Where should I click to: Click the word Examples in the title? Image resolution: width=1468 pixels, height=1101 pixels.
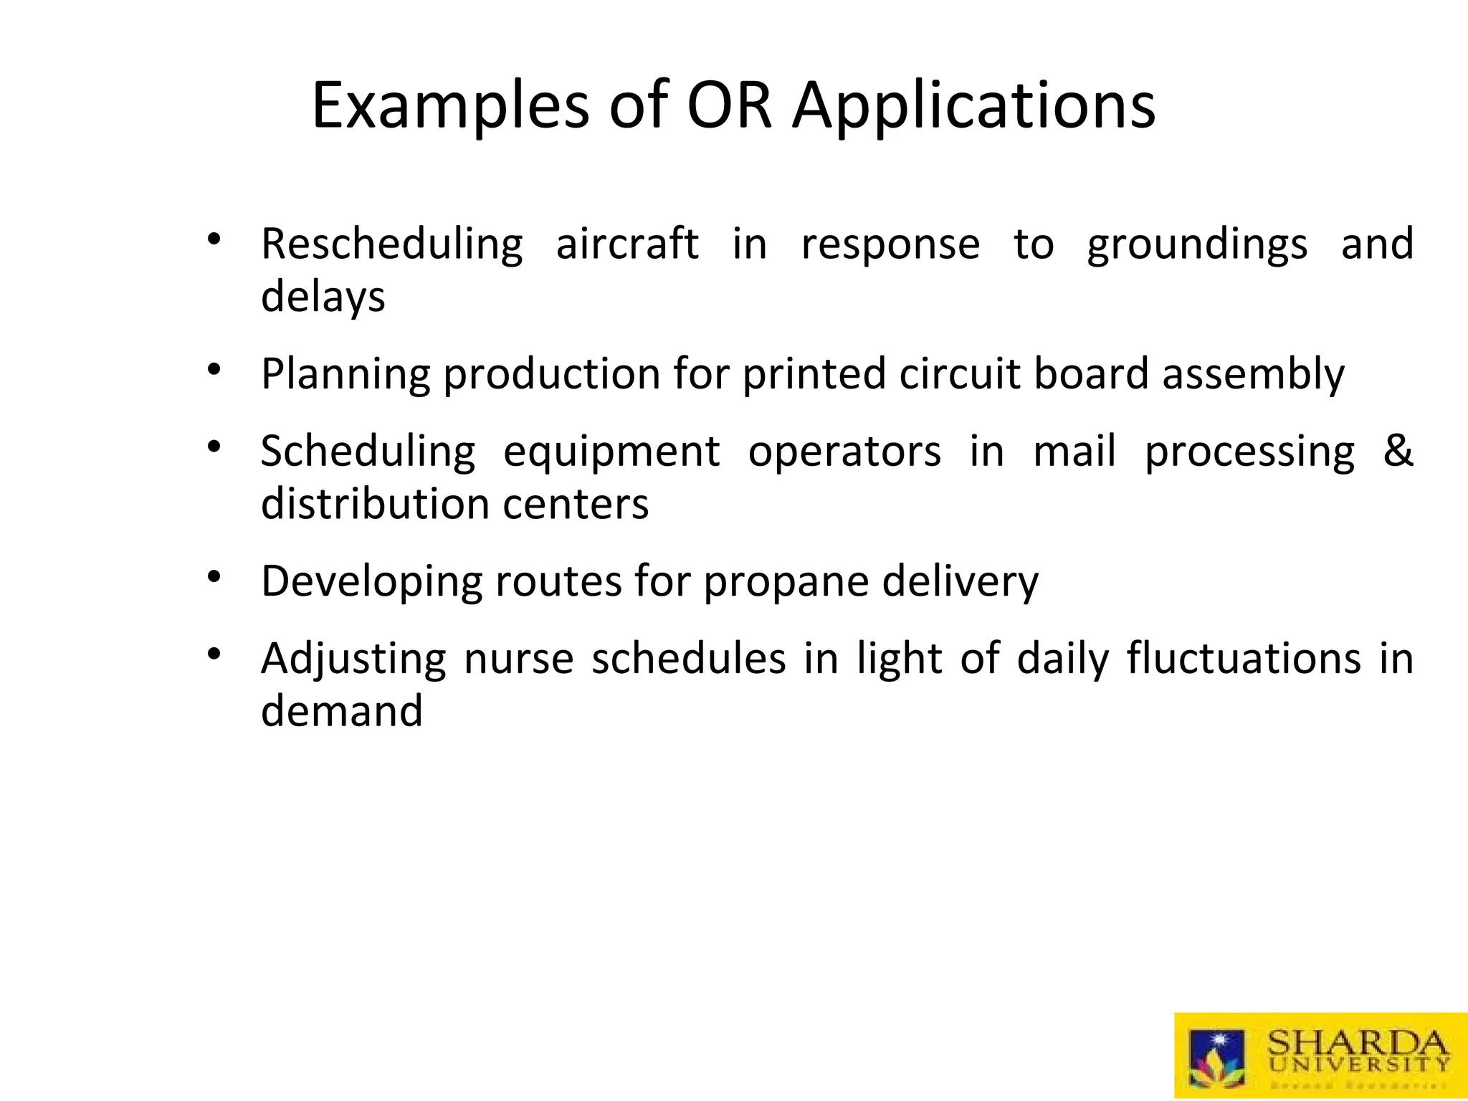coord(450,106)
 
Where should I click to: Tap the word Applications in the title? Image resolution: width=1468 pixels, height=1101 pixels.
coord(973,106)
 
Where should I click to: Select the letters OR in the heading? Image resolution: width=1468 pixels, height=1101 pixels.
coord(729,106)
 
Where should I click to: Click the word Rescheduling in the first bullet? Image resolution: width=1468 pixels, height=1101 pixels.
coord(391,244)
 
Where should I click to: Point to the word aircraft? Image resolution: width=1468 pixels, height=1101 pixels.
coord(626,244)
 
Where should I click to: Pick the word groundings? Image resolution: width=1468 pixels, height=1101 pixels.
coord(1196,244)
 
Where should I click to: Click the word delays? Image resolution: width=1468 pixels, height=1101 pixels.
coord(323,296)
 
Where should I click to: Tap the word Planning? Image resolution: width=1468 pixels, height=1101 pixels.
coord(345,374)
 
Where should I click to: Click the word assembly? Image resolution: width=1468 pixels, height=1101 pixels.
coord(1253,374)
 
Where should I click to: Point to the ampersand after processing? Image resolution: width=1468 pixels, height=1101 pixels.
coord(1397,451)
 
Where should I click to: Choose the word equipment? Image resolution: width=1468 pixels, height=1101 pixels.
coord(611,452)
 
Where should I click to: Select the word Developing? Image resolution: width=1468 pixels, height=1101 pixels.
coord(371,581)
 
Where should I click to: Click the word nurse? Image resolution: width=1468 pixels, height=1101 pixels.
coord(518,658)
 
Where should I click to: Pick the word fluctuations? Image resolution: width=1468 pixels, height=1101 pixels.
coord(1243,658)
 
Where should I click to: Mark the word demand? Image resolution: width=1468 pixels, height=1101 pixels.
coord(341,710)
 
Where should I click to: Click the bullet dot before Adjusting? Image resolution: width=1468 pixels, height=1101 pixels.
coord(213,653)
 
